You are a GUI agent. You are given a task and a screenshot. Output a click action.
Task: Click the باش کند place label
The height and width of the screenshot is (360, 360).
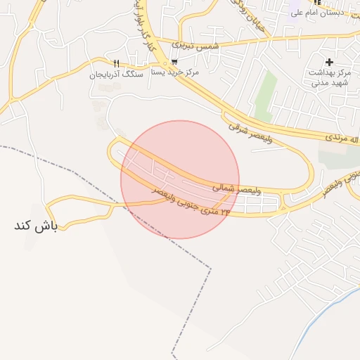tap(34, 226)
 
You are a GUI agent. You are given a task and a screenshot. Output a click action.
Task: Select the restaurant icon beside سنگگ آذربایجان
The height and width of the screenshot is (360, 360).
tap(116, 63)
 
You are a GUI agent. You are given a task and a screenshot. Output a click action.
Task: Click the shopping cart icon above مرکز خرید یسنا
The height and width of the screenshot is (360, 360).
tap(174, 61)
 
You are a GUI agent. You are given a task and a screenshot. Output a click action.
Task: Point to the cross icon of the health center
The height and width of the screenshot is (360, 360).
tap(329, 62)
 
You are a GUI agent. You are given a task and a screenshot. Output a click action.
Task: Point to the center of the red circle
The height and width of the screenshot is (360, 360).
tap(180, 180)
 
